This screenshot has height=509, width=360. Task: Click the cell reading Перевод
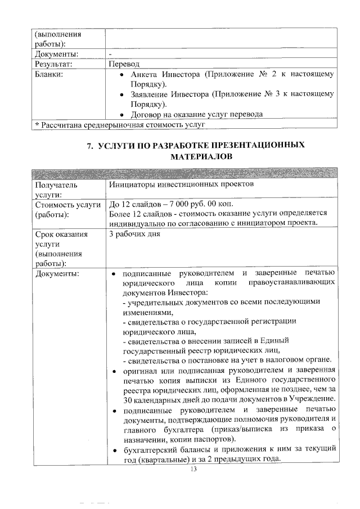(124, 64)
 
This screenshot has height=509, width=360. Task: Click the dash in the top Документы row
(111, 54)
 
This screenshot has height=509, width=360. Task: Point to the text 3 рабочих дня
(134, 233)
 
